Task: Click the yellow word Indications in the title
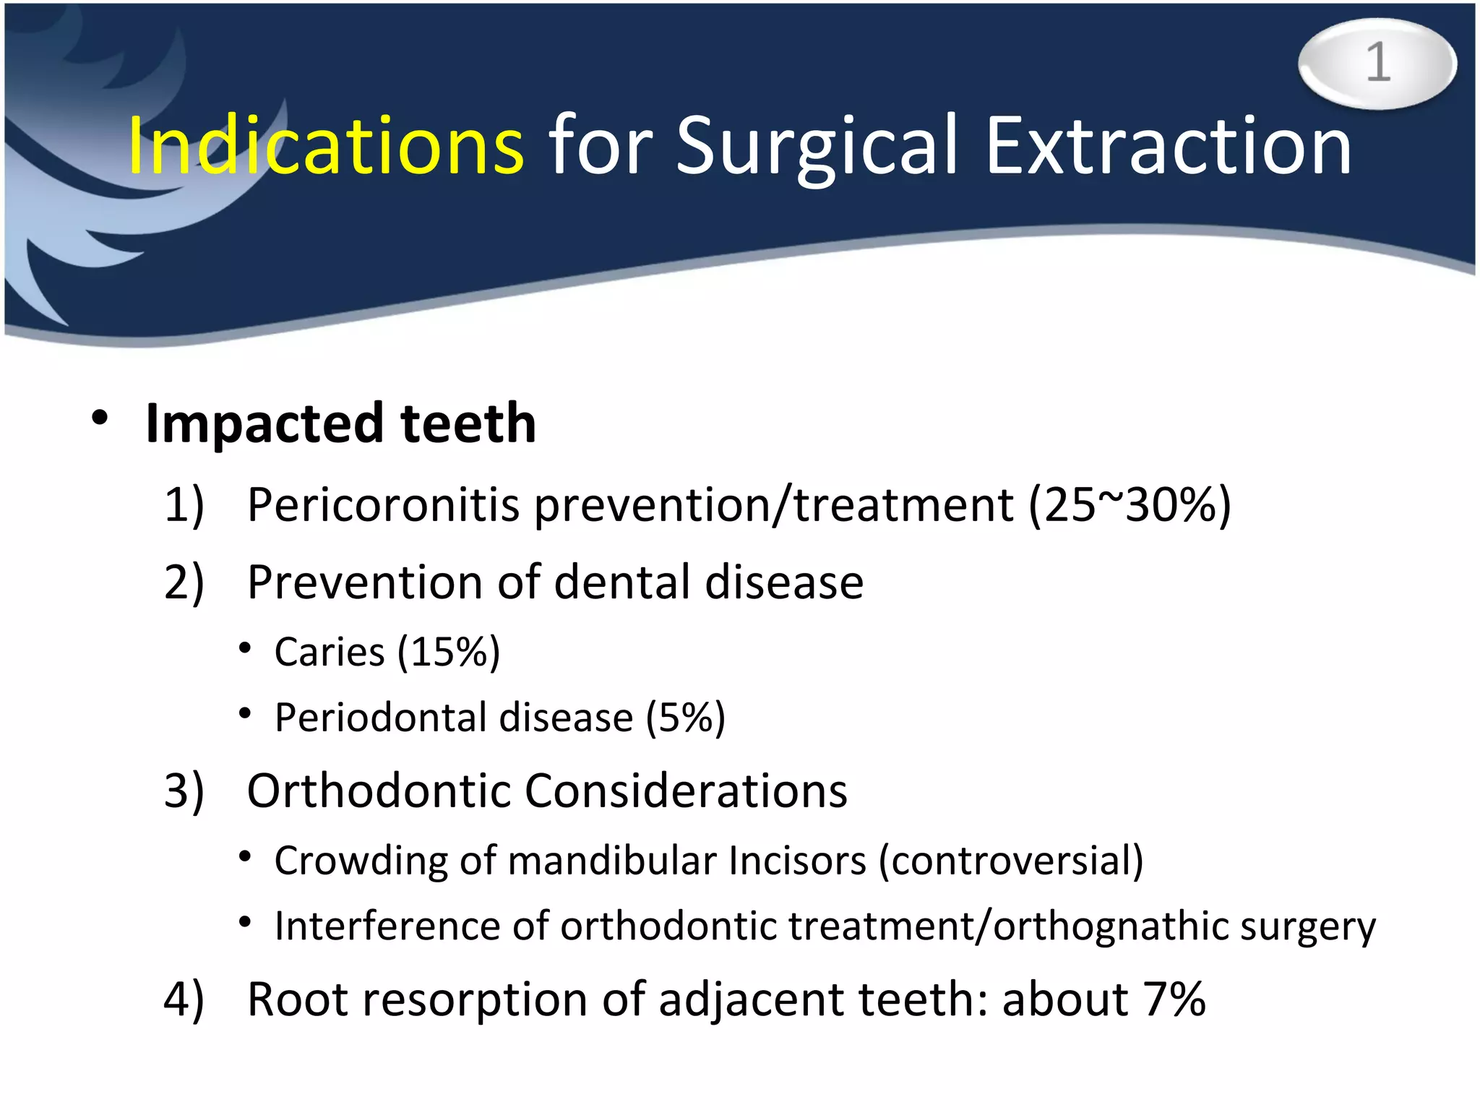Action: point(325,146)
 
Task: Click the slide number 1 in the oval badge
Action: point(1377,63)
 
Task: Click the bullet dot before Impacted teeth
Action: point(100,418)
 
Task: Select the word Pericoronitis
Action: point(383,504)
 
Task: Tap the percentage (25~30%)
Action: point(1130,505)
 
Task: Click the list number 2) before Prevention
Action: point(184,582)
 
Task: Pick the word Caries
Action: point(330,653)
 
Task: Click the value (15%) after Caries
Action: point(449,653)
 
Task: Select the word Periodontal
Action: point(381,718)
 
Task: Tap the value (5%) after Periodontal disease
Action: point(685,718)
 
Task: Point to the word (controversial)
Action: point(1011,861)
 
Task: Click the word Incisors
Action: point(796,861)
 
